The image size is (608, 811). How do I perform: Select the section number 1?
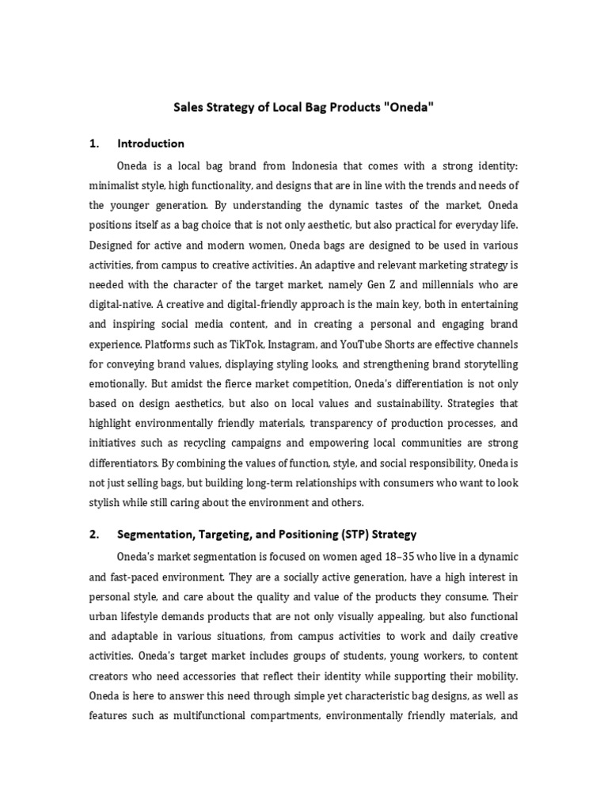[x=93, y=143]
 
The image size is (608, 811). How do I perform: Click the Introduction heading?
[x=150, y=143]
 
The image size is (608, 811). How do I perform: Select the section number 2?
[x=93, y=533]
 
